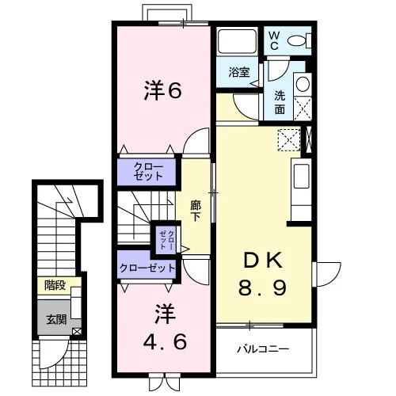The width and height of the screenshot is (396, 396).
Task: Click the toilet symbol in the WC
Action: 299,41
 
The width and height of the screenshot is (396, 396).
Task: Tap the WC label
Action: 274,41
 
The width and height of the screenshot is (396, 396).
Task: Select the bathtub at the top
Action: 237,41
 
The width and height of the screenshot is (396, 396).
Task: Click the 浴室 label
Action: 239,72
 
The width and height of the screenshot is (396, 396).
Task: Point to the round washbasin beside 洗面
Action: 303,84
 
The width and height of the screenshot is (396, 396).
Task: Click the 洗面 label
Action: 280,102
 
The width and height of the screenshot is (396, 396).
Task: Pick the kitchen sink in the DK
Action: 302,177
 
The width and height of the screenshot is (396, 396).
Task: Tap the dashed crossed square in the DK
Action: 289,140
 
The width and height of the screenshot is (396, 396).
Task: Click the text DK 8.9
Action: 262,274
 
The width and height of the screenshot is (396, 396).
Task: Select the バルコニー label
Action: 263,349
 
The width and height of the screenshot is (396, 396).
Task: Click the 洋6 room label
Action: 163,90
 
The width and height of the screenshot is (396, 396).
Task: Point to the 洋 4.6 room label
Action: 165,327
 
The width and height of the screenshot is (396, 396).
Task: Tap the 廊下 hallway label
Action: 196,211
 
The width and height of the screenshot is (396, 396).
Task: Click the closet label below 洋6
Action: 148,172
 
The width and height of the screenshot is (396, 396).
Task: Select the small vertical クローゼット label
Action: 167,240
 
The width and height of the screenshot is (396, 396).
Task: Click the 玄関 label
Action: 56,320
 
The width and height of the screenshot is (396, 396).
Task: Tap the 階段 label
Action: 55,285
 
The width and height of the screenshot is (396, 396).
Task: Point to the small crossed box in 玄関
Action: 77,332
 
